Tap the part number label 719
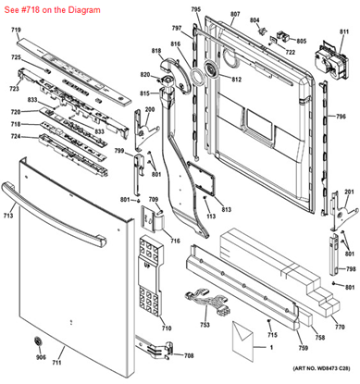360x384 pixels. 15,31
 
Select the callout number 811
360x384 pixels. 343,32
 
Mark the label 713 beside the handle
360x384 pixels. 8,216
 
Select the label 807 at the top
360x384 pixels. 234,15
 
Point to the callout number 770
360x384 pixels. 339,327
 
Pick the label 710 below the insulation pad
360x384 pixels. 166,328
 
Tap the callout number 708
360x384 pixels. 189,355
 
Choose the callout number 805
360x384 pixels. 301,42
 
